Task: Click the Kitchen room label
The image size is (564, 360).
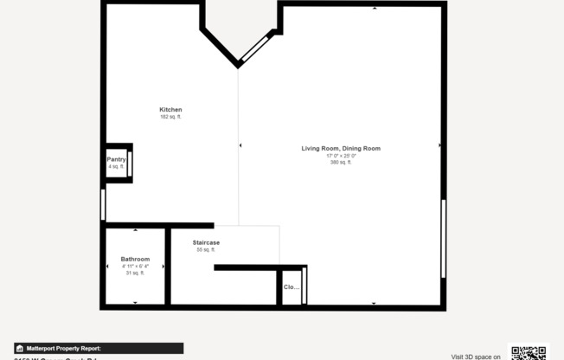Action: pyautogui.click(x=170, y=109)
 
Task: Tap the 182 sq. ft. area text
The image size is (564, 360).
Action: pyautogui.click(x=170, y=117)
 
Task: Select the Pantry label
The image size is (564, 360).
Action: pyautogui.click(x=117, y=159)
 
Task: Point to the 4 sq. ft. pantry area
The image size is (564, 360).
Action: pyautogui.click(x=117, y=166)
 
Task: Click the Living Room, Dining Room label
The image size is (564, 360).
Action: pyautogui.click(x=341, y=148)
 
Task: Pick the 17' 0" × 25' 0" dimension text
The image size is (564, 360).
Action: pyautogui.click(x=341, y=156)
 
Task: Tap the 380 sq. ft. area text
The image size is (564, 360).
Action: pyautogui.click(x=341, y=163)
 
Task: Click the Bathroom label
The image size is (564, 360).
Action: pyautogui.click(x=135, y=259)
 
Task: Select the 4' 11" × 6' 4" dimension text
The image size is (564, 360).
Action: pyautogui.click(x=135, y=267)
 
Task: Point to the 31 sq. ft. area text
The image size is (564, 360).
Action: pyautogui.click(x=135, y=273)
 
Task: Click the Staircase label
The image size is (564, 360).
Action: pyautogui.click(x=206, y=242)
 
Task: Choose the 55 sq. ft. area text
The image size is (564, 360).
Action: pyautogui.click(x=206, y=249)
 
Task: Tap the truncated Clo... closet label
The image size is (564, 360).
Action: pyautogui.click(x=292, y=286)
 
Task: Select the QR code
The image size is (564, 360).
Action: pyautogui.click(x=529, y=352)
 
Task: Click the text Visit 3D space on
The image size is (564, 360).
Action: pyautogui.click(x=476, y=356)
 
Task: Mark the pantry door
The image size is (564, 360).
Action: pyautogui.click(x=130, y=162)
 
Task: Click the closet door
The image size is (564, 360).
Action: pyautogui.click(x=304, y=285)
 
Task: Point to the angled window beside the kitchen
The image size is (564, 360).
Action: pyautogui.click(x=256, y=48)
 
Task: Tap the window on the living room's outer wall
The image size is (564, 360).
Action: pyautogui.click(x=444, y=239)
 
